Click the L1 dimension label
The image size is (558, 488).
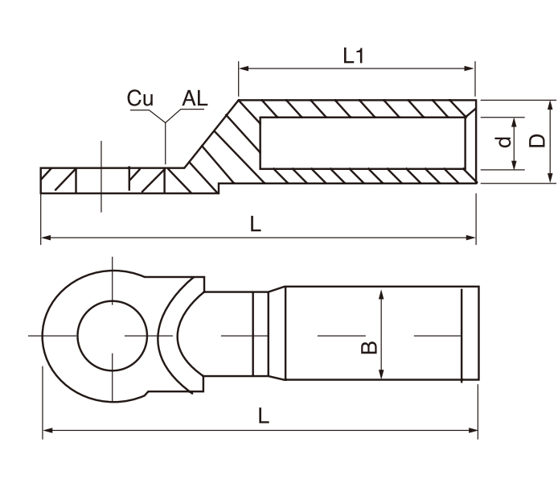click(x=355, y=56)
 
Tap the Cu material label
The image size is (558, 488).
click(x=140, y=98)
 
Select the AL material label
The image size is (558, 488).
click(x=195, y=98)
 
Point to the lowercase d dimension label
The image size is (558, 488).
click(x=503, y=143)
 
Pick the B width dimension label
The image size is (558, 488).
click(x=367, y=346)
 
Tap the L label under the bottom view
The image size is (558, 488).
click(x=264, y=416)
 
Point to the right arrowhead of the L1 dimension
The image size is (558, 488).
click(x=472, y=70)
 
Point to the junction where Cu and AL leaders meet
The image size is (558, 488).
click(x=165, y=122)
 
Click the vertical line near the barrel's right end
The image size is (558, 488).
click(x=462, y=334)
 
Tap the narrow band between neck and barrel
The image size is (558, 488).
click(x=259, y=334)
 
